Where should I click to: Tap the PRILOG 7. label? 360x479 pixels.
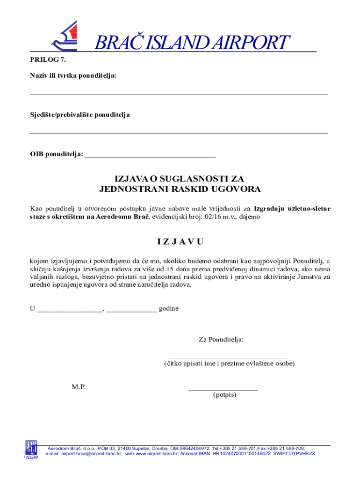[x=45, y=59]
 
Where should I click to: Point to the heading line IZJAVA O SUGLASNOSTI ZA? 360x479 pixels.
[x=180, y=179]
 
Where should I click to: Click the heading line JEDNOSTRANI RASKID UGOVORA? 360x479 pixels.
[x=180, y=189]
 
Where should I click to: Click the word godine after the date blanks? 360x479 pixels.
[x=168, y=309]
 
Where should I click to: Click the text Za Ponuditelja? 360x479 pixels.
[x=221, y=340]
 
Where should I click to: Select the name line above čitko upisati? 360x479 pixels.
[x=227, y=358]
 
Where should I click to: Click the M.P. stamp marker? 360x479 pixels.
[x=79, y=387]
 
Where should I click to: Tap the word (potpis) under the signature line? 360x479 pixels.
[x=224, y=395]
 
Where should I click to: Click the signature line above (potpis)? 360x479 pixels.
[x=223, y=389]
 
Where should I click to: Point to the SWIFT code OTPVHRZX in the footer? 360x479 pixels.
[x=300, y=454]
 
